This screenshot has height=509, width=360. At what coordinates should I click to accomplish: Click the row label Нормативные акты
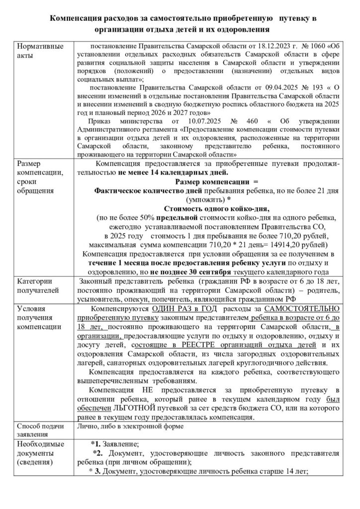pos(40,51)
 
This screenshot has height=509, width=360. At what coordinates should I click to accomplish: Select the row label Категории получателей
pos(37,285)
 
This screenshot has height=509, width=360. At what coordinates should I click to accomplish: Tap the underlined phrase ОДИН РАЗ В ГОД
pos(178,309)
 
